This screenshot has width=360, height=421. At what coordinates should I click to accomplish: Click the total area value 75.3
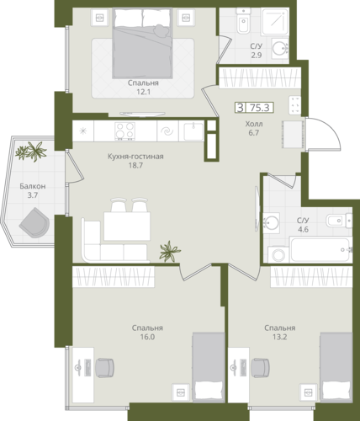pyautogui.click(x=260, y=108)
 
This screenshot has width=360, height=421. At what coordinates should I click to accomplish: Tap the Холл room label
pyautogui.click(x=254, y=124)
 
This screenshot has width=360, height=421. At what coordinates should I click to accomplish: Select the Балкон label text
pyautogui.click(x=33, y=186)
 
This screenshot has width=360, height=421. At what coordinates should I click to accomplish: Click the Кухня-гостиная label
pyautogui.click(x=135, y=157)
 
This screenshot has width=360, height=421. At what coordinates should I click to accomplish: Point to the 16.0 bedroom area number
pyautogui.click(x=147, y=337)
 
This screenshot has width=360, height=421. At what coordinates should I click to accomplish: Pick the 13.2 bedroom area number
pyautogui.click(x=280, y=337)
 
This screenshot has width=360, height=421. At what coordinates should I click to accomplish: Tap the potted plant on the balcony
pyautogui.click(x=31, y=152)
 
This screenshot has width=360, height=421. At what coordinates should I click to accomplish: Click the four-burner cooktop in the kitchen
pyautogui.click(x=125, y=131)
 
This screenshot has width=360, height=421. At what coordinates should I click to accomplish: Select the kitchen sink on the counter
pyautogui.click(x=193, y=131)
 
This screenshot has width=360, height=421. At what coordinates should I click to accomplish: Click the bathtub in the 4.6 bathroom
pyautogui.click(x=320, y=249)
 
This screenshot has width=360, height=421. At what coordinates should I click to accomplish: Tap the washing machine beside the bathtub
pyautogui.click(x=278, y=255)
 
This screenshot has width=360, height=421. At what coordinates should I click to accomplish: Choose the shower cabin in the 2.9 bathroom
pyautogui.click(x=274, y=21)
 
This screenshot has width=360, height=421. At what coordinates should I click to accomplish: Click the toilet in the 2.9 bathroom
pyautogui.click(x=243, y=20)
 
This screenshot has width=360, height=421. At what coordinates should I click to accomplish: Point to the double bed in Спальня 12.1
pyautogui.click(x=142, y=43)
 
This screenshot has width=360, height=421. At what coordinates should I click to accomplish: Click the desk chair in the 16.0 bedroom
pyautogui.click(x=105, y=367)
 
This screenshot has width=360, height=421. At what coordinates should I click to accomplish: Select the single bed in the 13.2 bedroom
pyautogui.click(x=336, y=367)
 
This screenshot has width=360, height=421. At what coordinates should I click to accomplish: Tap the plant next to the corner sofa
pyautogui.click(x=169, y=251)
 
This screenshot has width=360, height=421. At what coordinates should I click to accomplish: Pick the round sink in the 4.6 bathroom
pyautogui.click(x=271, y=223)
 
